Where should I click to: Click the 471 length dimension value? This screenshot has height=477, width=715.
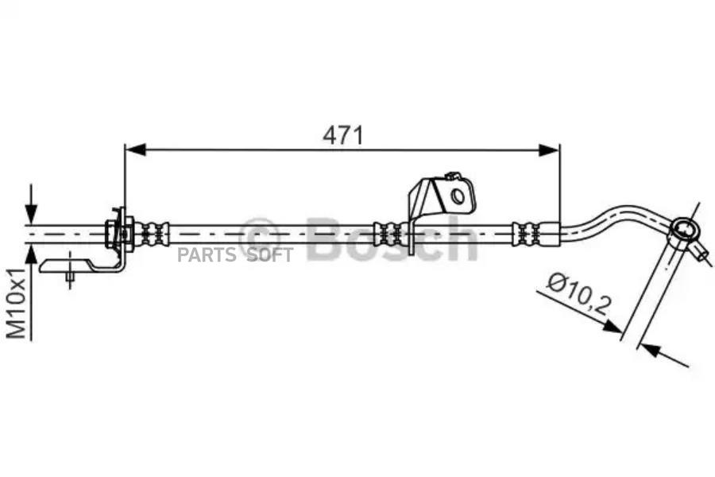[x=343, y=136]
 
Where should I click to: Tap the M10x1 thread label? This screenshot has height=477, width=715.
[x=17, y=303]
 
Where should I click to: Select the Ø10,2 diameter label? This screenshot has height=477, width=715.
[x=578, y=294]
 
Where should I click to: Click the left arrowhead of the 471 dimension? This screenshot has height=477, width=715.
[x=135, y=149]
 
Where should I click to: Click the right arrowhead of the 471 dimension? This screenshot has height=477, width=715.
[x=548, y=149]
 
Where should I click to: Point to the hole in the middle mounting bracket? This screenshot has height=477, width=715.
[x=458, y=196]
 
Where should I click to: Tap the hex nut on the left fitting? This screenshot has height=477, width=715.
[x=110, y=235]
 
